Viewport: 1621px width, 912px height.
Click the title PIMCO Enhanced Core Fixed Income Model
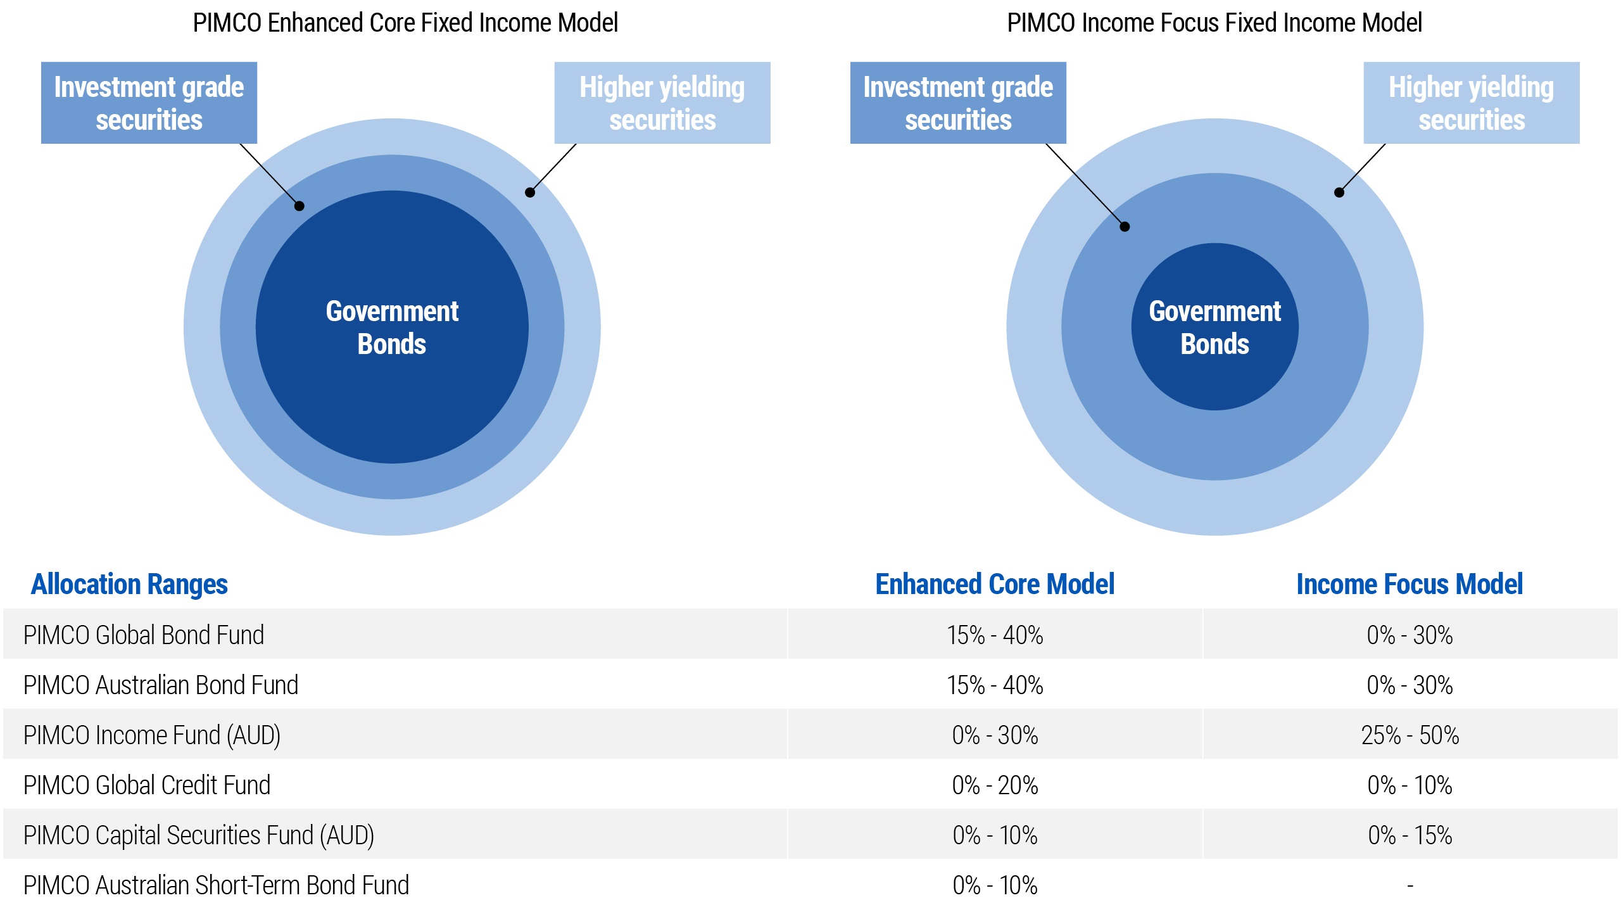[405, 23]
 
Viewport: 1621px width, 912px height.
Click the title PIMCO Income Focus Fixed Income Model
[1214, 23]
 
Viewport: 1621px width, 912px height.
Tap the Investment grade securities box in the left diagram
[149, 103]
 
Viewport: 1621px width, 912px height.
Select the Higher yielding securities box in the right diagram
[1471, 103]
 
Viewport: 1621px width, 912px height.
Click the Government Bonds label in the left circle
[392, 327]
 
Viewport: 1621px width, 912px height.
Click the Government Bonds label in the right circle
[1214, 327]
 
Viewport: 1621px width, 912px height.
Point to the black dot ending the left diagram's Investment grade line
[300, 206]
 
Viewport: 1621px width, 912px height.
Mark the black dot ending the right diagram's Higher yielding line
[1339, 193]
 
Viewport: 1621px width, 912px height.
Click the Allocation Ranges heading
[129, 584]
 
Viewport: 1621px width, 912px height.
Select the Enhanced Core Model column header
[995, 584]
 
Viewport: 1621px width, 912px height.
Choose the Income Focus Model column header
[1410, 584]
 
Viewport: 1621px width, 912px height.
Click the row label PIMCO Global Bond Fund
[144, 635]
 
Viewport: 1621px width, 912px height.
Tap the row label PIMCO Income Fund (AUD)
[152, 735]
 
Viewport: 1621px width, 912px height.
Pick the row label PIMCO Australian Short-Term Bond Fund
[217, 885]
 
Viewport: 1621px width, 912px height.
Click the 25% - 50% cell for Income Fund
[1410, 735]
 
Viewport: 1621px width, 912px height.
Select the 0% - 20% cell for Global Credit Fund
[995, 785]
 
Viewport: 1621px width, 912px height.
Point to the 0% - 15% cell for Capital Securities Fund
[1410, 835]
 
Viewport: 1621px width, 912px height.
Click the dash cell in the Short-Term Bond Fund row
[1410, 885]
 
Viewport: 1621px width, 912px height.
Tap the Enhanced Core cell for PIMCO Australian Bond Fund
[995, 685]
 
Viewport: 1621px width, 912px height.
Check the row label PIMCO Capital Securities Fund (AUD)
[199, 835]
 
